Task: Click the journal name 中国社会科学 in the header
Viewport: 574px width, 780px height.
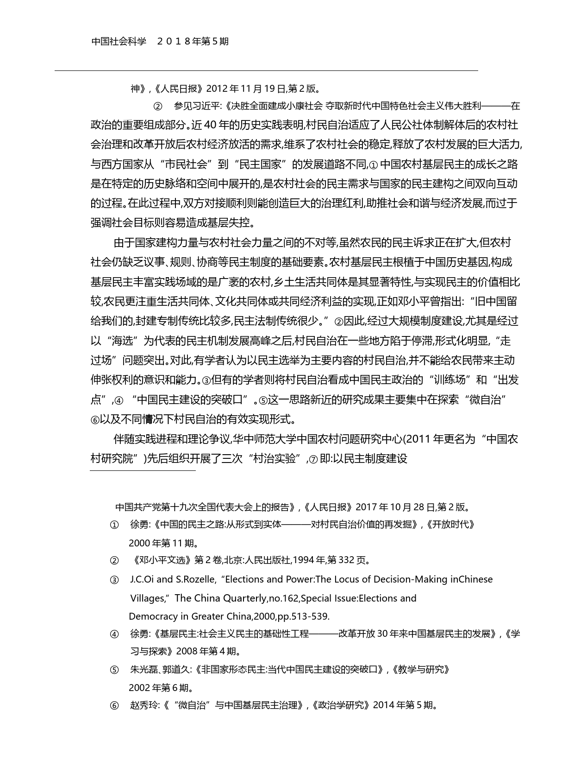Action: (119, 41)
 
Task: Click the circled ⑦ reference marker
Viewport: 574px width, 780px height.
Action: (313, 459)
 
